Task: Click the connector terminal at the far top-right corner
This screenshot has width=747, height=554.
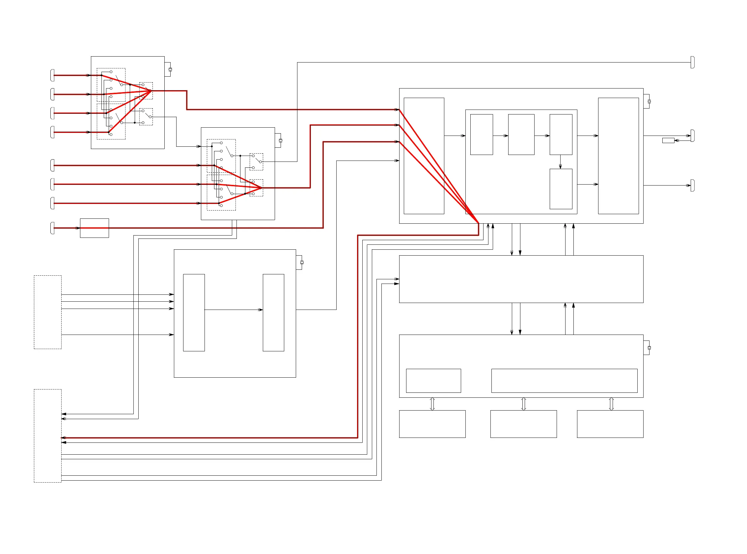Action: tap(692, 63)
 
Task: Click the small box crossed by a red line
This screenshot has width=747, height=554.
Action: tap(94, 228)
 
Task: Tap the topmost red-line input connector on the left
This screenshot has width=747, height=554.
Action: tap(52, 75)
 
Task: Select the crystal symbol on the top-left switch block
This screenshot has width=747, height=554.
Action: tap(170, 69)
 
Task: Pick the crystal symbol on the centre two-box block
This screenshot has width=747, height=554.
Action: tap(302, 263)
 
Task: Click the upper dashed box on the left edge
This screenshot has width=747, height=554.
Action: tap(48, 312)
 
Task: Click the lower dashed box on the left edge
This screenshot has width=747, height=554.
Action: tap(48, 436)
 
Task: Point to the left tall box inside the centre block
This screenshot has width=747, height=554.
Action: tap(194, 313)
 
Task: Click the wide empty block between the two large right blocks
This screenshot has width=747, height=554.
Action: tap(521, 279)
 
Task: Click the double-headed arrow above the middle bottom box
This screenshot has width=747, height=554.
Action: tap(523, 404)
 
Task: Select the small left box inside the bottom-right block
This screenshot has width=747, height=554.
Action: tap(433, 381)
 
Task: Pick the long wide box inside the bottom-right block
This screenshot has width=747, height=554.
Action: tap(564, 381)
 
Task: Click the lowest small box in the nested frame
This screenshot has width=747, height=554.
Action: tap(561, 189)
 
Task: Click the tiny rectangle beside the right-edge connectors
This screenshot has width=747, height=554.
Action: tap(668, 140)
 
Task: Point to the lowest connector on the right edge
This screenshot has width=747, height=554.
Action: tap(692, 186)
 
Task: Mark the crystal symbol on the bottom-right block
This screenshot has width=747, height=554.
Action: tap(649, 348)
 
